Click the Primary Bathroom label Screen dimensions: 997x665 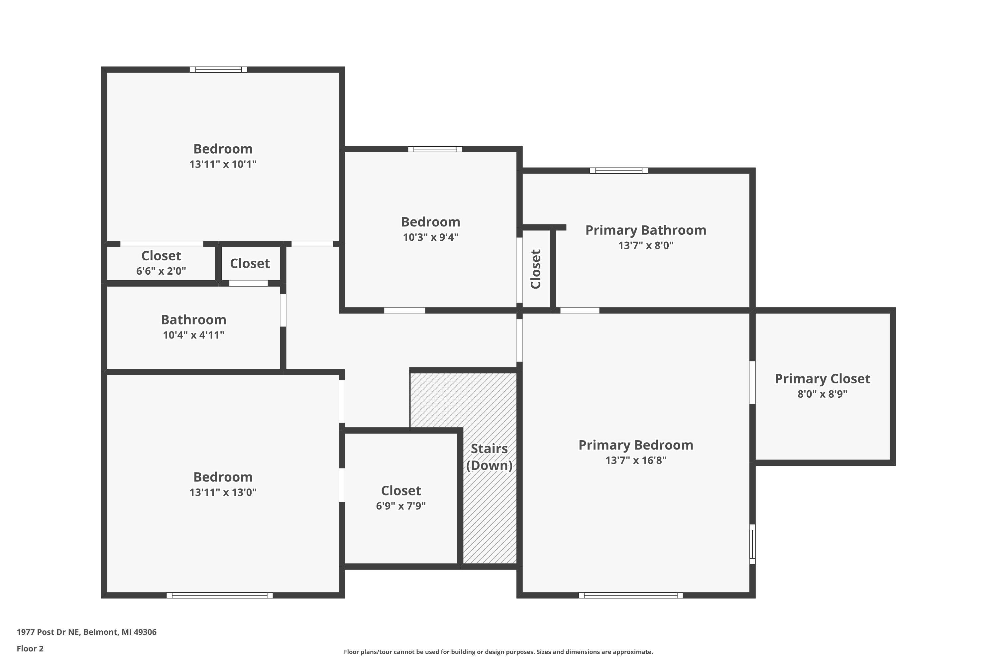tap(646, 230)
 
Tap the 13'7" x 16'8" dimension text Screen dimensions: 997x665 tap(636, 460)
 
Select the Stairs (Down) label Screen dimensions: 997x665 tap(489, 457)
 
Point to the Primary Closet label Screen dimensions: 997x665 tap(822, 379)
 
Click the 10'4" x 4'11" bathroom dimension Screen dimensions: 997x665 tap(194, 335)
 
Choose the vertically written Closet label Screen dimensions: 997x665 tap(536, 269)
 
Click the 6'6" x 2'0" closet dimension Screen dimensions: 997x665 tap(161, 271)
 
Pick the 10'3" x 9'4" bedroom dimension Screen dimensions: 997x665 tap(431, 237)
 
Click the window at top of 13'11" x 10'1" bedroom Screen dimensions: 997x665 tap(218, 69)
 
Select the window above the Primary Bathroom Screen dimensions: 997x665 tap(619, 171)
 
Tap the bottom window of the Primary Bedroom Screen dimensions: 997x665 tap(631, 595)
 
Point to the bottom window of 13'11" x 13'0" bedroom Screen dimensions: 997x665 tap(220, 595)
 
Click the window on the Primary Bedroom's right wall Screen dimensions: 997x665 tap(752, 544)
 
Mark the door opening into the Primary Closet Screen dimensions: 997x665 tap(752, 383)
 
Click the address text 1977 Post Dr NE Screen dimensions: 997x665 tap(48, 632)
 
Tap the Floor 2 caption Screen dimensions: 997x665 tap(30, 648)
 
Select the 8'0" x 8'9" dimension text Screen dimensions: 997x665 tap(822, 394)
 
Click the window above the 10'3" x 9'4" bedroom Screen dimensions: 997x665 tap(435, 149)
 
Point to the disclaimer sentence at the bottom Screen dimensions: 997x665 tap(498, 652)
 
